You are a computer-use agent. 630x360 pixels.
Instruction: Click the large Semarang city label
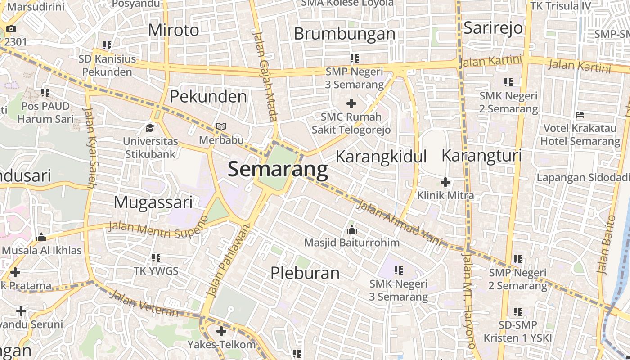coord(278,170)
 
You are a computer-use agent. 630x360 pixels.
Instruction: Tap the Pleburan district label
coord(305,273)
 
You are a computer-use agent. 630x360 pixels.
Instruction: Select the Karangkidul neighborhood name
coord(381,157)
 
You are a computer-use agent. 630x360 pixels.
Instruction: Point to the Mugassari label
coord(153,202)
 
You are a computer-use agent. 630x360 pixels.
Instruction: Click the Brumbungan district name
coord(344,34)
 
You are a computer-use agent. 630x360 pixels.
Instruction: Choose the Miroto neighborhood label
coord(173,30)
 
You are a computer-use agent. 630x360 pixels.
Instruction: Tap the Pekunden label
coord(208,97)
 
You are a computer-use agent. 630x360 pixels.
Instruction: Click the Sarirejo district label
coord(493,28)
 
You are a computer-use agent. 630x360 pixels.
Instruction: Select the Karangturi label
coord(481,156)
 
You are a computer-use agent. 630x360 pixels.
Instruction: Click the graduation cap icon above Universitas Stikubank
coord(150,128)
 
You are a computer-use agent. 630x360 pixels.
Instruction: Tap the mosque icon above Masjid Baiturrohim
coord(351,230)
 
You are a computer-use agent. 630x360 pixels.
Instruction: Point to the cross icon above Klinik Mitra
coord(445,182)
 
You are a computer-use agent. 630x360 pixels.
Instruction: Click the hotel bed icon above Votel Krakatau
coord(580,115)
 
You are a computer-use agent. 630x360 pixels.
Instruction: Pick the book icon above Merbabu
coord(221,127)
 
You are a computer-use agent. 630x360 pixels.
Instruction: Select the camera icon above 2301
coord(11,29)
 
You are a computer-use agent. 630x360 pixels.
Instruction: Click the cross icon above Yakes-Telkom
coord(221,332)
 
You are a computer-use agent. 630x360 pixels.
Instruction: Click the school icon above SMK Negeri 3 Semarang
coord(398,270)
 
